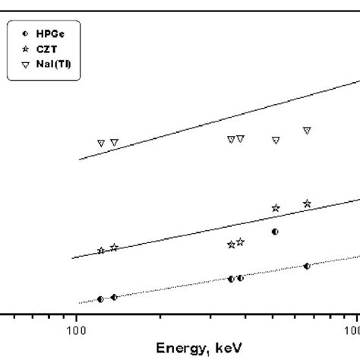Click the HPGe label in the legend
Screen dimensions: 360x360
(49, 34)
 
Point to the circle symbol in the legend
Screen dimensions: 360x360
(26, 34)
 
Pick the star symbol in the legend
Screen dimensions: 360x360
(26, 49)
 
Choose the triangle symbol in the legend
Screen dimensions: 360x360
(26, 64)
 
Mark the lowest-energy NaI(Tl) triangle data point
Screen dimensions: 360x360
(100, 143)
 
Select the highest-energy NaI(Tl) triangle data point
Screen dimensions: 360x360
(307, 131)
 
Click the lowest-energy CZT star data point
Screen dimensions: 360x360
(101, 251)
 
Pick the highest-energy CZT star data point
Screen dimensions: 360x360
(307, 204)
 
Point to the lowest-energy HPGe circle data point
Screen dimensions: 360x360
(100, 299)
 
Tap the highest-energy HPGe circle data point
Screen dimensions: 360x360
(307, 266)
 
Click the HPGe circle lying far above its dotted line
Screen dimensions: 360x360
(275, 231)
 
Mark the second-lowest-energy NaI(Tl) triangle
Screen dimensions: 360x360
(114, 142)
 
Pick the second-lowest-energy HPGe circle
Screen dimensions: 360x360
(114, 297)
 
